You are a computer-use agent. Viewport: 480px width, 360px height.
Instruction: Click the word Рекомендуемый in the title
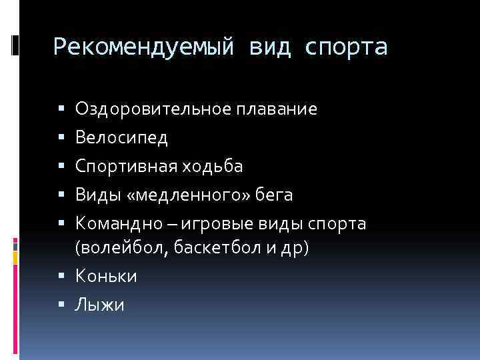pyautogui.click(x=143, y=47)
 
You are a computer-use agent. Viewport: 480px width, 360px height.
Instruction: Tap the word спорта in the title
pyautogui.click(x=347, y=47)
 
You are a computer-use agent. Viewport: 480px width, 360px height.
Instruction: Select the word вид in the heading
pyautogui.click(x=270, y=47)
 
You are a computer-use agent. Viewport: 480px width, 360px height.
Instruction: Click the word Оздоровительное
pyautogui.click(x=153, y=109)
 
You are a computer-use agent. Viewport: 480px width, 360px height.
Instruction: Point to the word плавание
pyautogui.click(x=276, y=109)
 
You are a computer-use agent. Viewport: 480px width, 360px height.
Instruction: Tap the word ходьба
pyautogui.click(x=214, y=166)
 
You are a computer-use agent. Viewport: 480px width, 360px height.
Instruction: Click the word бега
pyautogui.click(x=272, y=195)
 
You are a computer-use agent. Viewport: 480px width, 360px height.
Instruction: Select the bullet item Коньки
pyautogui.click(x=107, y=276)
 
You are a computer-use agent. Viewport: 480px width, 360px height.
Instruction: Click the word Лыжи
pyautogui.click(x=100, y=305)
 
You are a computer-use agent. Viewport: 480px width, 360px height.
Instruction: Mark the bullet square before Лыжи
pyautogui.click(x=61, y=305)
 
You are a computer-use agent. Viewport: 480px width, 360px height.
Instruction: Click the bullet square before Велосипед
pyautogui.click(x=61, y=138)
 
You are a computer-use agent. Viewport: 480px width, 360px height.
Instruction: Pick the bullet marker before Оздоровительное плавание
pyautogui.click(x=61, y=109)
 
